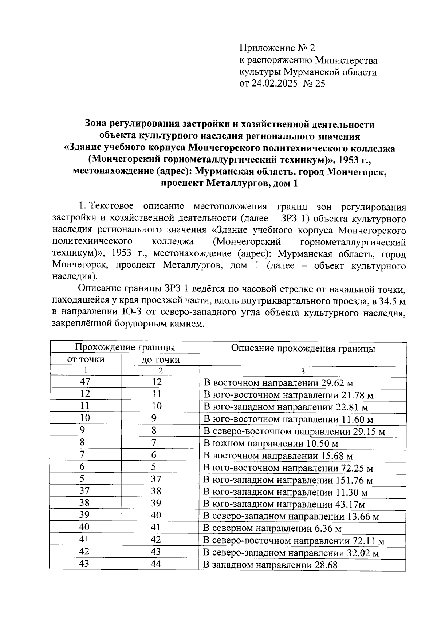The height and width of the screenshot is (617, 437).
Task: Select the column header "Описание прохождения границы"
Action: click(x=303, y=349)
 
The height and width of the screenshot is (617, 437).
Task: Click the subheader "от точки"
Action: click(x=86, y=360)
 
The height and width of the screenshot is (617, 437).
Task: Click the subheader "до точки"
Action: click(x=160, y=360)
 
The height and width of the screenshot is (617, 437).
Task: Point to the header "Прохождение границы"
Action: click(x=125, y=347)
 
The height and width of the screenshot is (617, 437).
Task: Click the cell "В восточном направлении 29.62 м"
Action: click(x=278, y=383)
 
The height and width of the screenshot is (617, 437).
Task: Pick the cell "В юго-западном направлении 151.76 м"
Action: click(x=288, y=480)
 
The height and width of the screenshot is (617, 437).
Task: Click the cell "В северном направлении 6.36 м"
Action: click(x=272, y=529)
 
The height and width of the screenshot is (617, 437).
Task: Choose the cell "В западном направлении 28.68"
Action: click(x=270, y=565)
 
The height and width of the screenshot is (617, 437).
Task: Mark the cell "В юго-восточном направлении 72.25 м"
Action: click(x=288, y=468)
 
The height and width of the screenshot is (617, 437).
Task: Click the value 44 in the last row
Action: click(x=156, y=564)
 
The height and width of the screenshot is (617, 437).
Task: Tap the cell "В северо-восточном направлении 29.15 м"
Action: click(x=294, y=432)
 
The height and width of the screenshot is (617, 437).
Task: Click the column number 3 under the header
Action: click(x=303, y=372)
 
